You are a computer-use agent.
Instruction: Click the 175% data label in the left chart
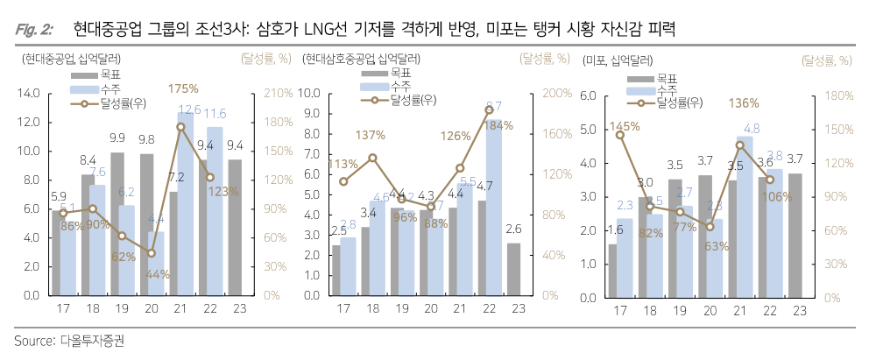pyautogui.click(x=184, y=88)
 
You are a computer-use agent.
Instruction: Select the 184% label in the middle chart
pyautogui.click(x=492, y=125)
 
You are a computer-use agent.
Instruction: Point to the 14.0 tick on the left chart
pyautogui.click(x=29, y=93)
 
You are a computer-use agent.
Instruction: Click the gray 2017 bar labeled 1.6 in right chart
pyautogui.click(x=612, y=269)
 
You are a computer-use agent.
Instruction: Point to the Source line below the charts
pyautogui.click(x=69, y=341)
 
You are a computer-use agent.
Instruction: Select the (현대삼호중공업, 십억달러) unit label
pyautogui.click(x=360, y=60)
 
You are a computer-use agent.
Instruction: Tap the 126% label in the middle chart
pyautogui.click(x=456, y=136)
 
